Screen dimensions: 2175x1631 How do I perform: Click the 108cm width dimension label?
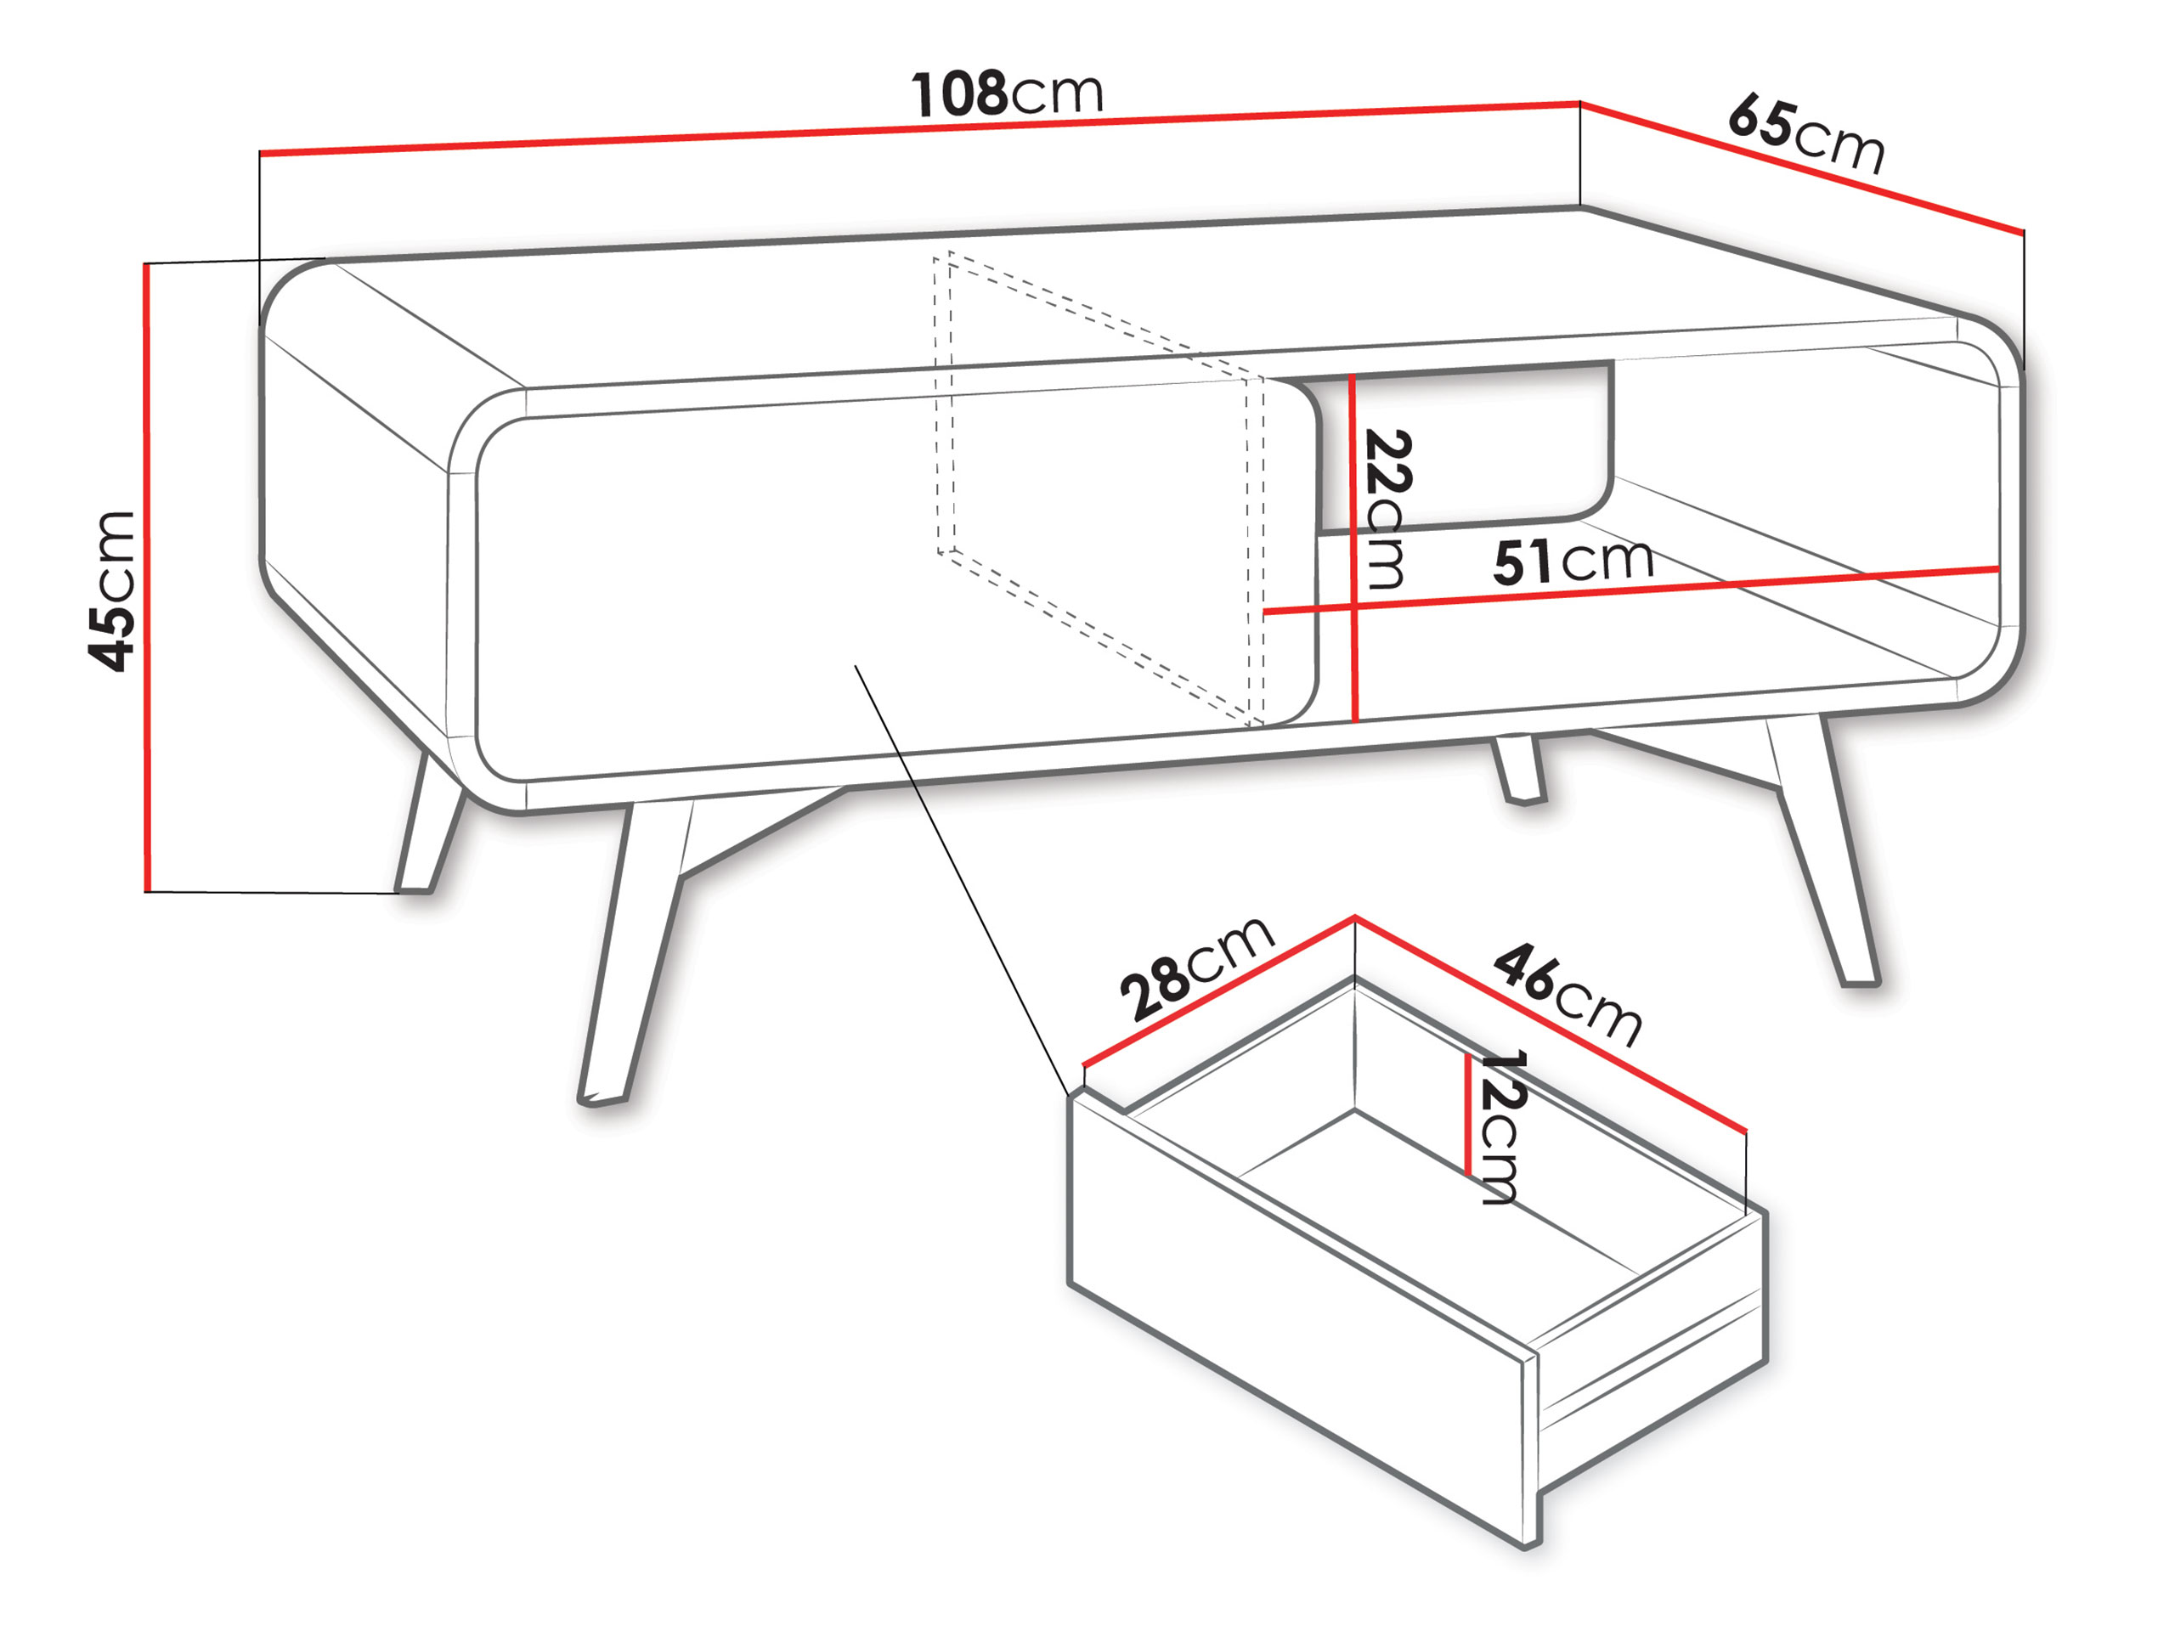1008,94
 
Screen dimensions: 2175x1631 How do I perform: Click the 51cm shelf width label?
1573,561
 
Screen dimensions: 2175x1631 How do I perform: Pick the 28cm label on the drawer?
1199,968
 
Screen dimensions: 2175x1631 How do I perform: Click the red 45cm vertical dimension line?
146,578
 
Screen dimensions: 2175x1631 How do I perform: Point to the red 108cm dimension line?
920,127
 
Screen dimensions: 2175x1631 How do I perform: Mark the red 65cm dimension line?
1802,167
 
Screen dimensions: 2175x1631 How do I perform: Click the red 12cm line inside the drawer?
1467,1114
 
